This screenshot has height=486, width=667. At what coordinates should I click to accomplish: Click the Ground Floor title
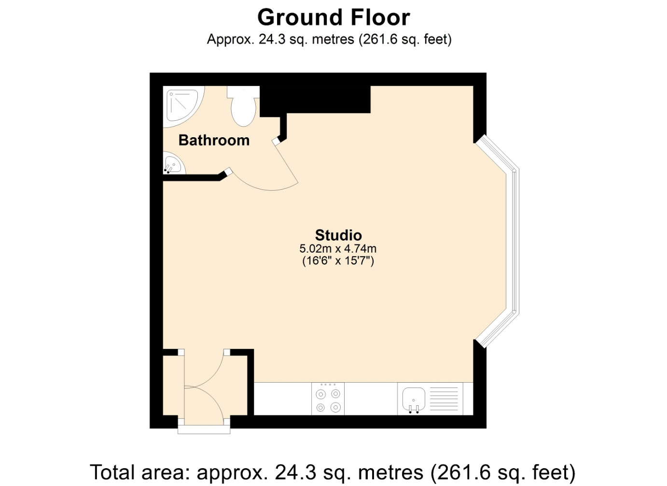coord(333,17)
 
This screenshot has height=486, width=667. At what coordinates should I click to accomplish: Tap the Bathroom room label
coord(214,141)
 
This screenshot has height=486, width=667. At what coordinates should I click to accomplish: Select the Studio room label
coord(338,235)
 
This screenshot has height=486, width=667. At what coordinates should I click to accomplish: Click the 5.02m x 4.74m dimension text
coord(338,248)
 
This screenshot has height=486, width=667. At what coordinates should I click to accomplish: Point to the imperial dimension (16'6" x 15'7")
coord(338,261)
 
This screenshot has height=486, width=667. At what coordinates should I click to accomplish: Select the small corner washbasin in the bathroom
coord(174,163)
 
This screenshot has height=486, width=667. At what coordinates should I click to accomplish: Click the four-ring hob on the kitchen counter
coord(328,399)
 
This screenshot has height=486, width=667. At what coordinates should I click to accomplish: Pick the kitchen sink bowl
coord(414,399)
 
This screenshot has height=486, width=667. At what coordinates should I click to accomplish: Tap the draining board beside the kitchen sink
coord(444,399)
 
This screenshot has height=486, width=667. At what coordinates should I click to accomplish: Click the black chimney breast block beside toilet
coord(315,100)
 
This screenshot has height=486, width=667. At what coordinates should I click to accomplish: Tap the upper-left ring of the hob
coord(320,395)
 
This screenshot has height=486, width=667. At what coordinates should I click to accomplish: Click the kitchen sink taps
coord(414,409)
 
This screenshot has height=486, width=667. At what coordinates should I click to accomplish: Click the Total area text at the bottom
coord(333,472)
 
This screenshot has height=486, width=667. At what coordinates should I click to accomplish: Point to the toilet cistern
coord(243,92)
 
